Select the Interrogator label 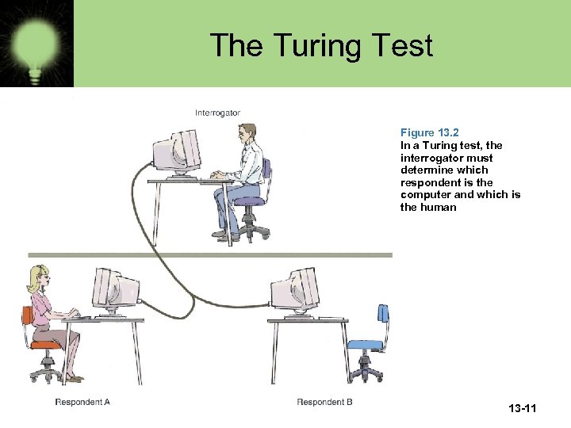pos(217,113)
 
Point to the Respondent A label pos(82,403)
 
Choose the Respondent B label pos(325,403)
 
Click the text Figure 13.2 pos(429,132)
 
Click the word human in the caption pos(439,207)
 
